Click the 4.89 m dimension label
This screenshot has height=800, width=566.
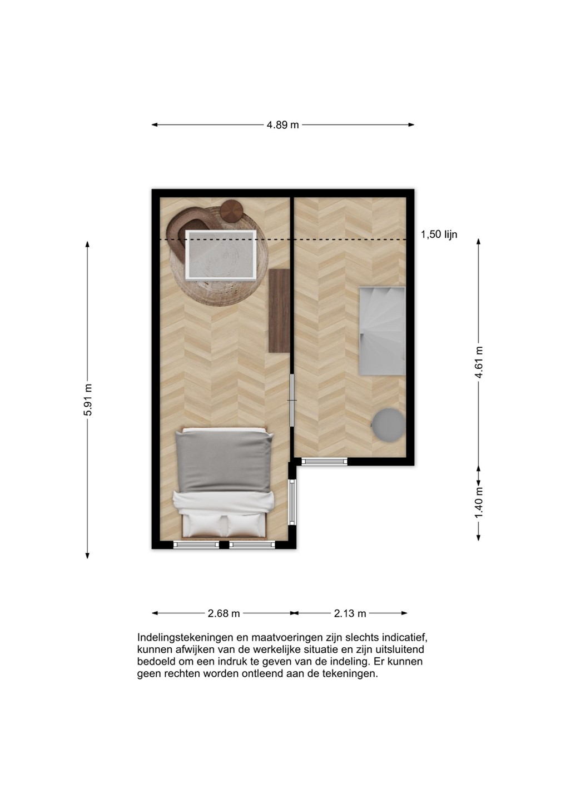282,125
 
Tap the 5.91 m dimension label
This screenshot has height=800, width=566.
87,399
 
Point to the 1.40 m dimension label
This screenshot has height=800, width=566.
479,503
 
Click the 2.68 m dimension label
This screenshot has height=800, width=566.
224,613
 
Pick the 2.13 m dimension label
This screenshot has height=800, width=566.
350,613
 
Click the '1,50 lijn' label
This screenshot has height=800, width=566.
439,234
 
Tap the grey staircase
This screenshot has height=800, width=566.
382,331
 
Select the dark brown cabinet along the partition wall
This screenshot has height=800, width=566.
280,311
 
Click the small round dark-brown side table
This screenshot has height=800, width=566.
232,211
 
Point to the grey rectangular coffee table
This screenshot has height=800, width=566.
221,254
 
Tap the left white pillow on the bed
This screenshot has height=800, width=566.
205,526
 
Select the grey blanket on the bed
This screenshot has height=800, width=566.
224,461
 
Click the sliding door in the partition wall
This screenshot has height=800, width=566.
292,400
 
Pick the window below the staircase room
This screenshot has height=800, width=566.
325,462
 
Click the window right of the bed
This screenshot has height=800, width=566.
292,502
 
